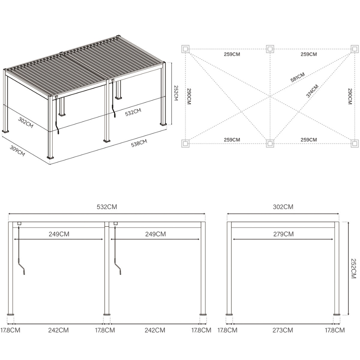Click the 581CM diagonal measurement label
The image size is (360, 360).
(298, 77)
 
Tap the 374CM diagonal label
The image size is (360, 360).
(313, 91)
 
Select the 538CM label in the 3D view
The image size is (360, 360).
(139, 143)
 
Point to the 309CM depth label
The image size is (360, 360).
(17, 151)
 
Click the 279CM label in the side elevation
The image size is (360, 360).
(283, 234)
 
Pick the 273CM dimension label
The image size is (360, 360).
(283, 330)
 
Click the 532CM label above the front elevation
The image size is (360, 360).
(107, 207)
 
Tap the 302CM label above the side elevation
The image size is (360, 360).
(283, 207)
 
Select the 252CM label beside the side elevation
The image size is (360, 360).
(353, 269)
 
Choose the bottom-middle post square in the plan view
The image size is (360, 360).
(270, 144)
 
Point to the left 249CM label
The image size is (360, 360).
(59, 234)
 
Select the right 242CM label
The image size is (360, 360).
(155, 330)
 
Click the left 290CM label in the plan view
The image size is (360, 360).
(189, 97)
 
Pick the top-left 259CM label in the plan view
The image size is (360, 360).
(232, 55)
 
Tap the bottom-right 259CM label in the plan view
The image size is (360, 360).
(309, 140)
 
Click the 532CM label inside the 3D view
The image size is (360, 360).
(133, 112)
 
